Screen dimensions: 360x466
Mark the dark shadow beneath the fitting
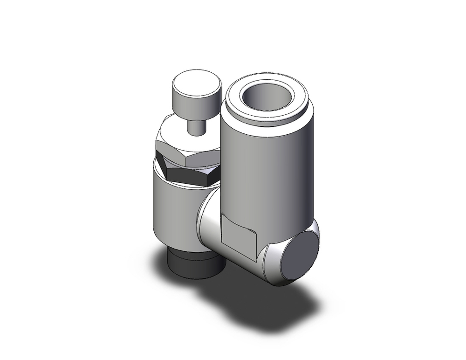261,303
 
